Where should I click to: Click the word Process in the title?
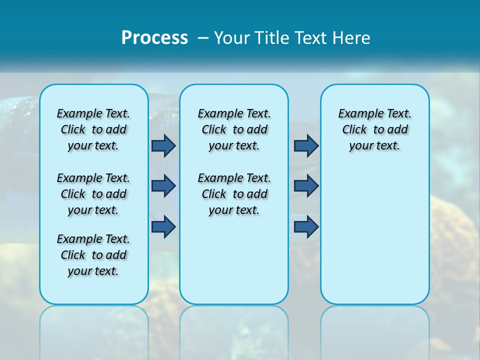(154, 38)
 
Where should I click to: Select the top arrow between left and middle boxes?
(163, 145)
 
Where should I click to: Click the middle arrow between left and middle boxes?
(163, 186)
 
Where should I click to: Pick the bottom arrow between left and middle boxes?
(163, 226)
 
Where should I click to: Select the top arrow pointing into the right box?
(306, 145)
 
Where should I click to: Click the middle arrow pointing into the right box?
(306, 186)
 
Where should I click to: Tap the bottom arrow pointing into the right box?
(306, 226)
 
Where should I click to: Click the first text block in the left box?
(93, 129)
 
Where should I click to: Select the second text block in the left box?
(93, 194)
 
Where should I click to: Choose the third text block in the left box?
(93, 255)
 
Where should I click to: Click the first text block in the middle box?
(234, 129)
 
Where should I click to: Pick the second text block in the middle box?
(234, 194)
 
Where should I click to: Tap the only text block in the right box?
(374, 129)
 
